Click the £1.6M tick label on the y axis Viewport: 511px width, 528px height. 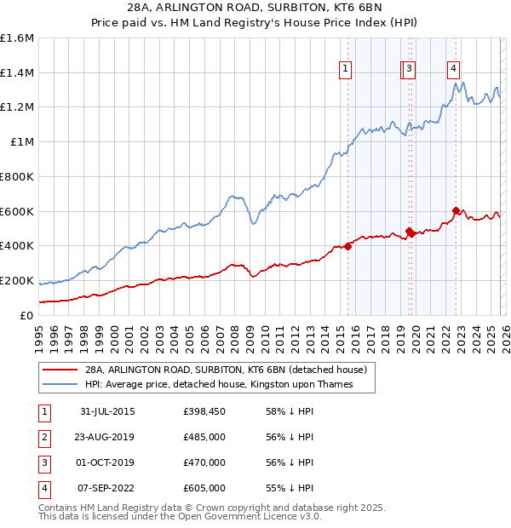[17, 38]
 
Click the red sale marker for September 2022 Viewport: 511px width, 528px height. [456, 210]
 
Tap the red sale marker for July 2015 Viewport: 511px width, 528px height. [348, 246]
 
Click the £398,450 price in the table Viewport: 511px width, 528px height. [204, 411]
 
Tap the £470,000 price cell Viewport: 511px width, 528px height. [204, 462]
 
